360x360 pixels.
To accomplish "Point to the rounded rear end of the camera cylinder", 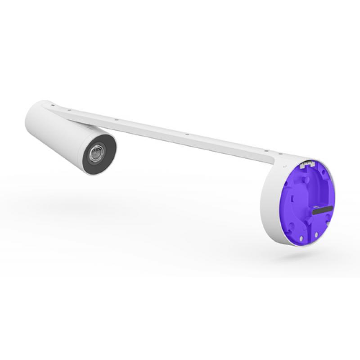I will [x=34, y=110].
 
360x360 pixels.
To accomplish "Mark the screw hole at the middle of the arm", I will [x=186, y=134].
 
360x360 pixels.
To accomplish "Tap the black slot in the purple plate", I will [x=322, y=210].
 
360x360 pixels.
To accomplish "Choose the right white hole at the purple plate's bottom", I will [x=318, y=234].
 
